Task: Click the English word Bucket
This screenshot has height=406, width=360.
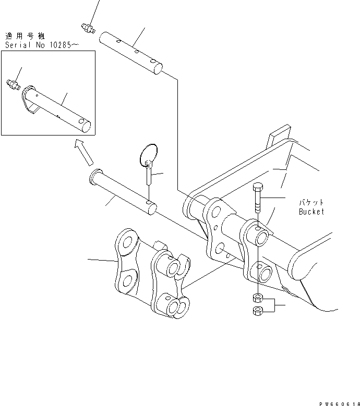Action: pos(311,212)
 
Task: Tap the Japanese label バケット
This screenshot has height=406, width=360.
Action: pos(311,202)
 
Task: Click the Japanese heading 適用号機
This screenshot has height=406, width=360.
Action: pos(25,36)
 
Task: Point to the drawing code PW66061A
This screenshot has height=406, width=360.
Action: pos(339,404)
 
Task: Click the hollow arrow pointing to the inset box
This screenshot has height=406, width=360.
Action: pos(83,152)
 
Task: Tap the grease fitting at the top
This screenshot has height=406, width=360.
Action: pos(88,28)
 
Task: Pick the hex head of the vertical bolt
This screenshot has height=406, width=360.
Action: pos(257,187)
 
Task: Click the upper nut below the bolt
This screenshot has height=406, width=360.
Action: pos(258,298)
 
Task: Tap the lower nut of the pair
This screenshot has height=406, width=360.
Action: pos(258,311)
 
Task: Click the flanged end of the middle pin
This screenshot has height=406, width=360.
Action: pos(94,177)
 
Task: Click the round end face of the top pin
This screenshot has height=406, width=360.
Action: pos(158,69)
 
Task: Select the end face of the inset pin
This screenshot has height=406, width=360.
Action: pos(87,127)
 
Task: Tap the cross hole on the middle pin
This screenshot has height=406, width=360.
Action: pos(149,202)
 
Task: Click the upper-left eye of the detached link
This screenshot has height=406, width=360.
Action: pos(126,242)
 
